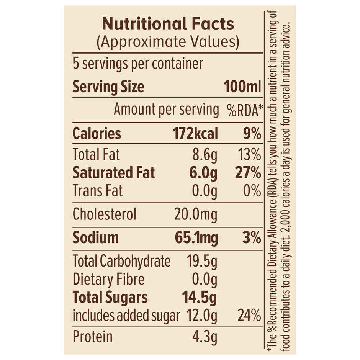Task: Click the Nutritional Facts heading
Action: point(168,24)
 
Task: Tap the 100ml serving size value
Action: point(242,87)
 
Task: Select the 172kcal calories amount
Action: point(195,134)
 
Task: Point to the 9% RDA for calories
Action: point(252,134)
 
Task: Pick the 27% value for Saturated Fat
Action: point(247,173)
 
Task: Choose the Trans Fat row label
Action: point(98,190)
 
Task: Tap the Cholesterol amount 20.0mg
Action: point(196,214)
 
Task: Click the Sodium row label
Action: point(96,238)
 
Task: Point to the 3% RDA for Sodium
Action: point(252,238)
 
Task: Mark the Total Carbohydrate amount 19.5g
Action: point(202,262)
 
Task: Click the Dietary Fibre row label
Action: point(109,280)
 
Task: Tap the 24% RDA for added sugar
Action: point(249,316)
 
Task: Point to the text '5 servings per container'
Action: point(137,64)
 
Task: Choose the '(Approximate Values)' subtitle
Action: point(168,41)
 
